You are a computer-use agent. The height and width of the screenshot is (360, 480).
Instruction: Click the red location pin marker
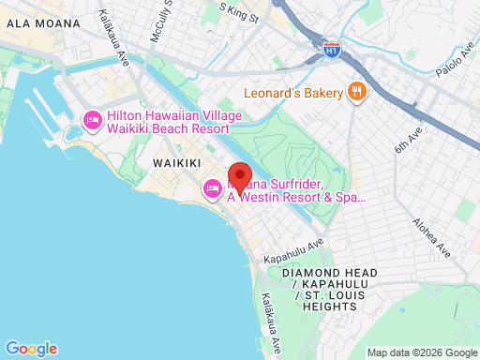[x=240, y=177]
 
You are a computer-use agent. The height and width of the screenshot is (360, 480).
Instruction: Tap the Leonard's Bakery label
[x=293, y=92]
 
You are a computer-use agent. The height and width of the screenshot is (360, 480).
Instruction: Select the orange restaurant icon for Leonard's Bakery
[x=356, y=92]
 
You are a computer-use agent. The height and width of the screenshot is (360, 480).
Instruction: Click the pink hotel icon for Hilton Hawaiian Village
[x=92, y=120]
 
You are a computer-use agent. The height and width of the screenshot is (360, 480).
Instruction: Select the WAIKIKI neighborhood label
[x=175, y=163]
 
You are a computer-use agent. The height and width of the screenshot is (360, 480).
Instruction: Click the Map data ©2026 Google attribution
[x=421, y=352]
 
